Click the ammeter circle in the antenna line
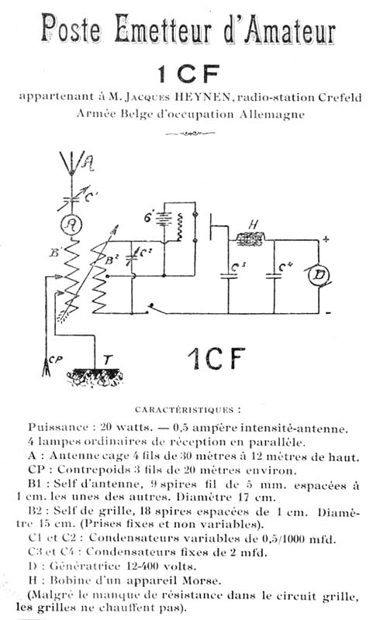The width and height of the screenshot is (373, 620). tap(71, 225)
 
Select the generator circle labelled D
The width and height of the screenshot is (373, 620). tap(319, 275)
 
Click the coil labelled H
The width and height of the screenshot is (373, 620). tap(250, 239)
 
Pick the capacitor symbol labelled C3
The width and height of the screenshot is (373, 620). tap(228, 276)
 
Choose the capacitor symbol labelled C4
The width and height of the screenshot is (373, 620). tap(274, 276)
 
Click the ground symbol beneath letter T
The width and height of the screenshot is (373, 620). tap(95, 377)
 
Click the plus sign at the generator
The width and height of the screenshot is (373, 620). tap(326, 239)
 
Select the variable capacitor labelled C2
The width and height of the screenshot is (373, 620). tap(133, 255)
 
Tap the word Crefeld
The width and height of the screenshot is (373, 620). tap(340, 98)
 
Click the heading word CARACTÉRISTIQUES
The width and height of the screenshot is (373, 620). tap(185, 410)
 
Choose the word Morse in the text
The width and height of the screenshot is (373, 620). tap(201, 580)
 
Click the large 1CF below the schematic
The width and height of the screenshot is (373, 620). tap(216, 359)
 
